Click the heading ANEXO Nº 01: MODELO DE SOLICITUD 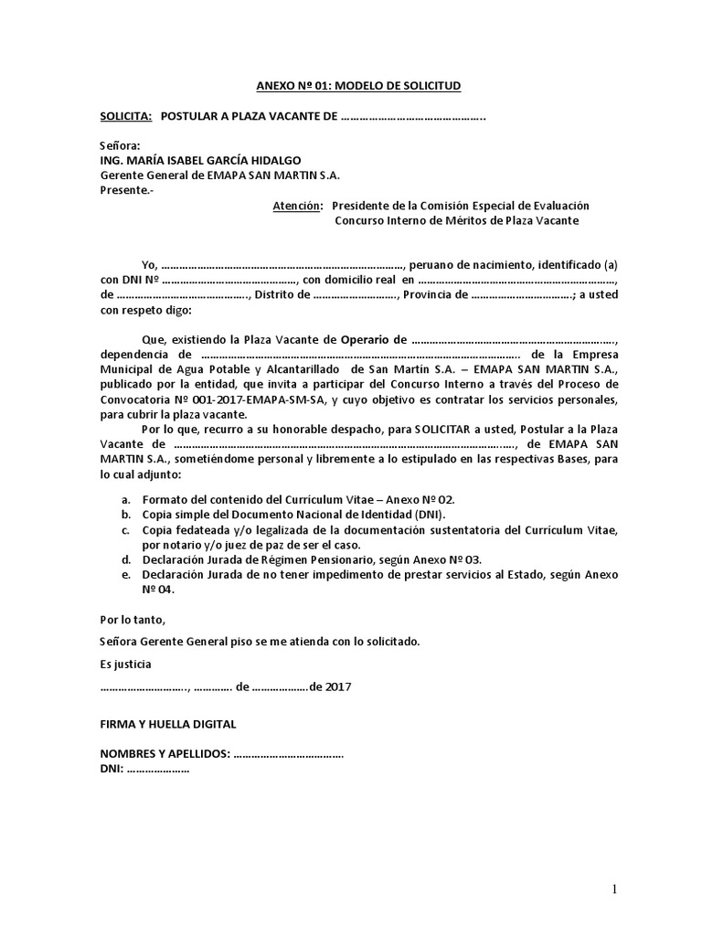pyautogui.click(x=358, y=86)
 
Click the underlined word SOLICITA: pyautogui.click(x=126, y=117)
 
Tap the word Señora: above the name pyautogui.click(x=121, y=146)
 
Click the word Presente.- pyautogui.click(x=127, y=191)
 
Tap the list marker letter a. pyautogui.click(x=125, y=500)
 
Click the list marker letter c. pyautogui.click(x=125, y=530)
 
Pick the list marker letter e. pyautogui.click(x=125, y=574)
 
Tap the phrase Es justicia pyautogui.click(x=126, y=664)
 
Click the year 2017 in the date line pyautogui.click(x=337, y=686)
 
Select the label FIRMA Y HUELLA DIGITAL pyautogui.click(x=167, y=724)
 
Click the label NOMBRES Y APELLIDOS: pyautogui.click(x=165, y=755)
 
